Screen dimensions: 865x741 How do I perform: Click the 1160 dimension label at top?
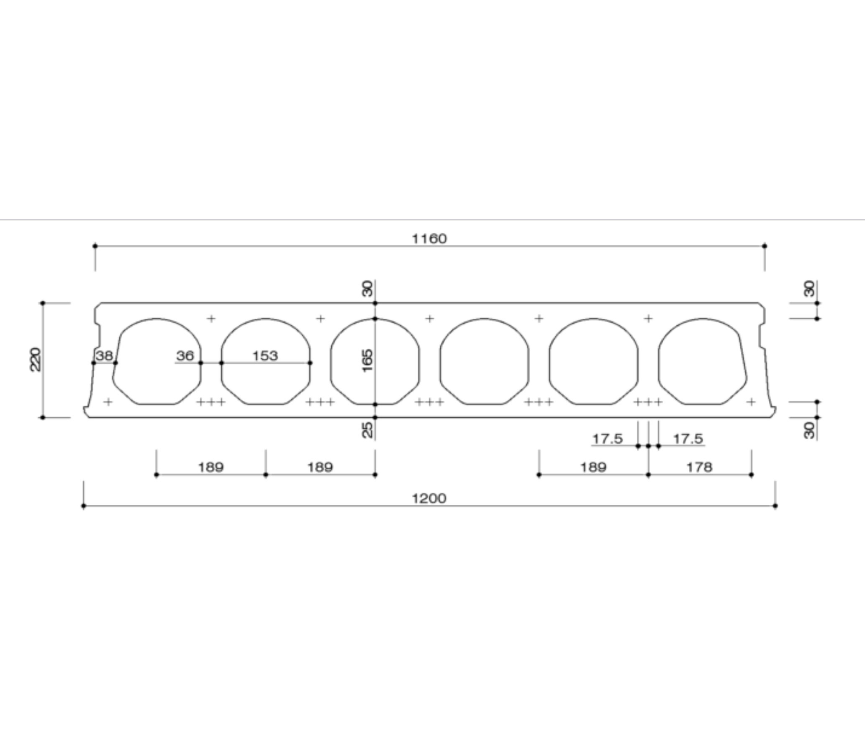point(429,239)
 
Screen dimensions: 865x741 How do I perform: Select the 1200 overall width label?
point(429,498)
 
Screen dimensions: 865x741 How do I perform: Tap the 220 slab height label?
point(36,359)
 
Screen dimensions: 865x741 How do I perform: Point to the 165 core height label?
point(367,361)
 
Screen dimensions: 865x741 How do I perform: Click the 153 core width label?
point(265,356)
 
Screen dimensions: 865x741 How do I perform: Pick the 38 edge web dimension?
point(104,356)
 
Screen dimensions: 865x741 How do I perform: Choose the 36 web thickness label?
point(185,356)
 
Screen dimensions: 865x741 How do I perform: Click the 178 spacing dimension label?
point(699,467)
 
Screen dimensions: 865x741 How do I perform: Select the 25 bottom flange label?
point(367,430)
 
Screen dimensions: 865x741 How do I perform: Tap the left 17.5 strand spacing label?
point(608,439)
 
